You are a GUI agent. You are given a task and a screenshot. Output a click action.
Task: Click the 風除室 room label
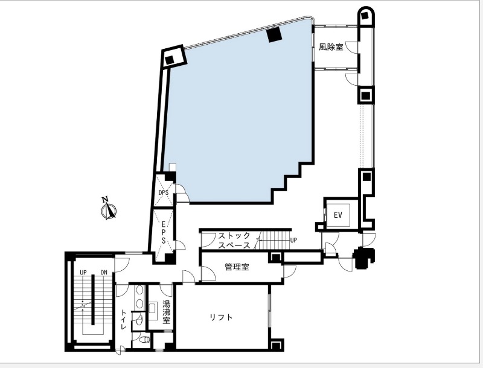[331, 47]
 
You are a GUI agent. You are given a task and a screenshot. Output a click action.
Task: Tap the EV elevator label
[338, 215]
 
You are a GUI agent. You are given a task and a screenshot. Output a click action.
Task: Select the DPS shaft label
[163, 192]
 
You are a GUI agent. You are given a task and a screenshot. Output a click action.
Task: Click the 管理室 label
[237, 267]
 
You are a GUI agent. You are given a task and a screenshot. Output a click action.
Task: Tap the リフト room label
[221, 317]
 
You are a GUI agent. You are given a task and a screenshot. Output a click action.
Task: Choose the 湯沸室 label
[167, 312]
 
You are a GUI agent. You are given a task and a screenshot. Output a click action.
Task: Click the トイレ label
[123, 319]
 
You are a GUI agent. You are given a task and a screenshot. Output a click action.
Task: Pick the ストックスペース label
[234, 240]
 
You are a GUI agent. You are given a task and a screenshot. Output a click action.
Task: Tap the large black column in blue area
[275, 34]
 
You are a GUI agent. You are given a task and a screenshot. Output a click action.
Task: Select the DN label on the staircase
[103, 272]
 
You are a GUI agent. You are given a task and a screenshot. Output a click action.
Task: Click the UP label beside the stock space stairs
[293, 240]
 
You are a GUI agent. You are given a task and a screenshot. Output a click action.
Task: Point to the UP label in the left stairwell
[83, 272]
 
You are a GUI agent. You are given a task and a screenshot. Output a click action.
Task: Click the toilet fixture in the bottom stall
[144, 340]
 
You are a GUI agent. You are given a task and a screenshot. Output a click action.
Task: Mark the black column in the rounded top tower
[366, 16]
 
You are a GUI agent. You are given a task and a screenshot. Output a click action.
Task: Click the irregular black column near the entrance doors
[364, 258]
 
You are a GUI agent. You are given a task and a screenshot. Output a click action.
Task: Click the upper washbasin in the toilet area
[140, 290]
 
